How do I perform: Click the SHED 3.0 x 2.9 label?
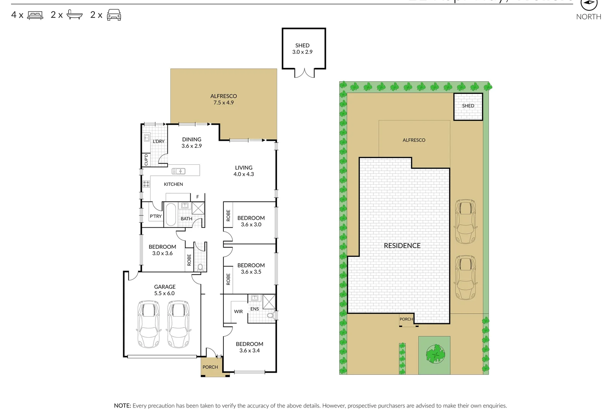pyautogui.click(x=302, y=48)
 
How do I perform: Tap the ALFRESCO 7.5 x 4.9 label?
pyautogui.click(x=223, y=99)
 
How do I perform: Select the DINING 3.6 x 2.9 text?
pyautogui.click(x=191, y=142)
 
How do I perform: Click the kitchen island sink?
pyautogui.click(x=178, y=171)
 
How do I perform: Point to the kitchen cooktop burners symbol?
pyautogui.click(x=146, y=184)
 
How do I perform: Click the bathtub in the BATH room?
pyautogui.click(x=170, y=215)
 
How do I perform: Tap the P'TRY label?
pyautogui.click(x=156, y=216)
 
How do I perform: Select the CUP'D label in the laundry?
pyautogui.click(x=146, y=159)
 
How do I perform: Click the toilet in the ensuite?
pyautogui.click(x=271, y=315)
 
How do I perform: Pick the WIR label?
pyautogui.click(x=238, y=311)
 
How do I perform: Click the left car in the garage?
pyautogui.click(x=148, y=324)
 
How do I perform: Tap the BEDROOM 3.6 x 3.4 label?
pyautogui.click(x=249, y=347)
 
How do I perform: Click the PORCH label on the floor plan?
pyautogui.click(x=210, y=367)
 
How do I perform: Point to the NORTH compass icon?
pyautogui.click(x=588, y=3)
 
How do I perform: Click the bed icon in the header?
pyautogui.click(x=35, y=15)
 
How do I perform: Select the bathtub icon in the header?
pyautogui.click(x=74, y=15)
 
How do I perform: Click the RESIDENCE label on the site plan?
pyautogui.click(x=402, y=246)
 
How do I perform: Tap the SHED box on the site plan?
pyautogui.click(x=468, y=106)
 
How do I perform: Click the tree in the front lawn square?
pyautogui.click(x=434, y=354)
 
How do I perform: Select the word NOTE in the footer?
pyautogui.click(x=122, y=406)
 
